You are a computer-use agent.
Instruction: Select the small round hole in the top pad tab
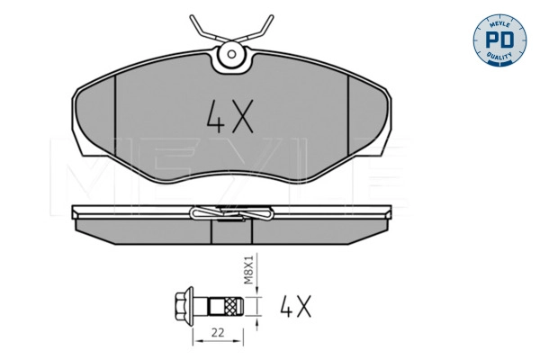click(x=233, y=55)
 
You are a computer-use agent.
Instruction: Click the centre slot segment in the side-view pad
click(x=233, y=232)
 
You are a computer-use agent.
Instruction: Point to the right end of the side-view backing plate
click(x=391, y=212)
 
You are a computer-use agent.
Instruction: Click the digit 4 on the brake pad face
click(x=216, y=116)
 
